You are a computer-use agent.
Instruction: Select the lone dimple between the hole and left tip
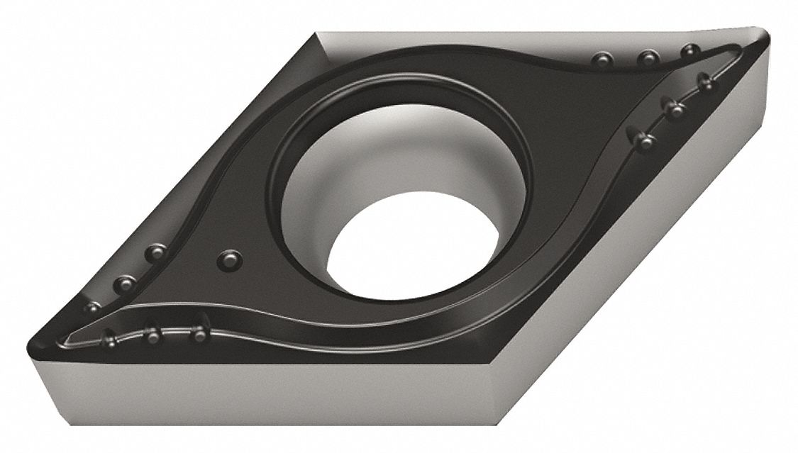pyautogui.click(x=228, y=259)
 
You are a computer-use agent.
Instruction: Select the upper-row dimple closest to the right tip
pyautogui.click(x=689, y=51)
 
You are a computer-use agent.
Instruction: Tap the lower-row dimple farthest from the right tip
pyautogui.click(x=644, y=140)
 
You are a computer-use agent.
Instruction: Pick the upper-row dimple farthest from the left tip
pyautogui.click(x=155, y=252)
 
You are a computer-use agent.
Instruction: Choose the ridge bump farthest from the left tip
pyautogui.click(x=200, y=332)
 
